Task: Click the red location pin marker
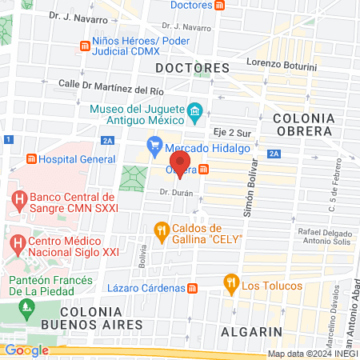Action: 179,170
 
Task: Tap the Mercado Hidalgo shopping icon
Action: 154,147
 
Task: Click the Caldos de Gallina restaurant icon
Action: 162,232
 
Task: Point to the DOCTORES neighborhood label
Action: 193,67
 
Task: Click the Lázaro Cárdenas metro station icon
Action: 192,287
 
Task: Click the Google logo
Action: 26,350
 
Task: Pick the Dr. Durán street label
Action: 177,192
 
